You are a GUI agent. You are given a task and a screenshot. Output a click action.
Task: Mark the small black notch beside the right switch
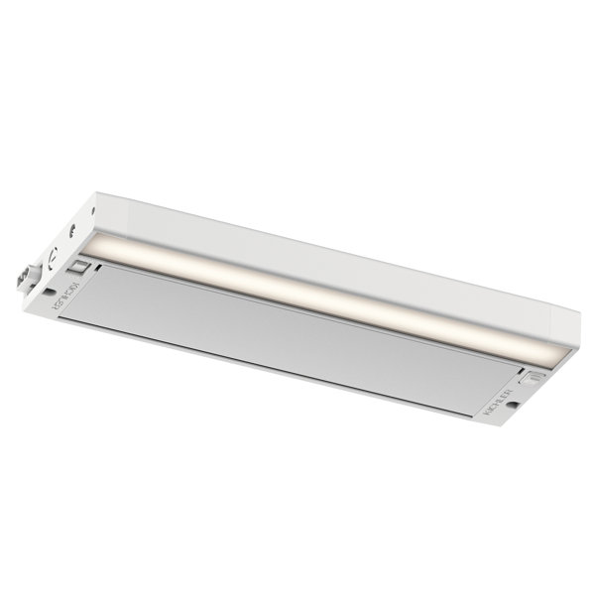click(x=519, y=368)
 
